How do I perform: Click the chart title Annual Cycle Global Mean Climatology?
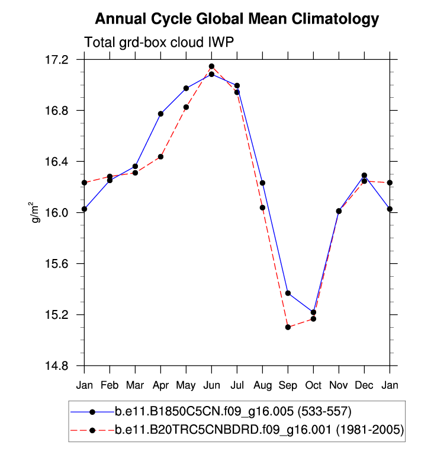237,19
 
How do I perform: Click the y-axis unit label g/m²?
36,213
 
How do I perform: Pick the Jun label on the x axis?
211,385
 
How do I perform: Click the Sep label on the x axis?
288,385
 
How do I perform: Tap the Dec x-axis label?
364,385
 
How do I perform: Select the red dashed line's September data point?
288,327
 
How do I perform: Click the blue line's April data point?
160,114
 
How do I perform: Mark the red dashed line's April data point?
160,156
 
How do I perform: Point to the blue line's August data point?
262,183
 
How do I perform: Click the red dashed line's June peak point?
211,66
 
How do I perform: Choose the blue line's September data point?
288,293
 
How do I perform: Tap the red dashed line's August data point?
262,207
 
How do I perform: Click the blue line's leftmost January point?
85,209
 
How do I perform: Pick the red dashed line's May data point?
186,107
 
